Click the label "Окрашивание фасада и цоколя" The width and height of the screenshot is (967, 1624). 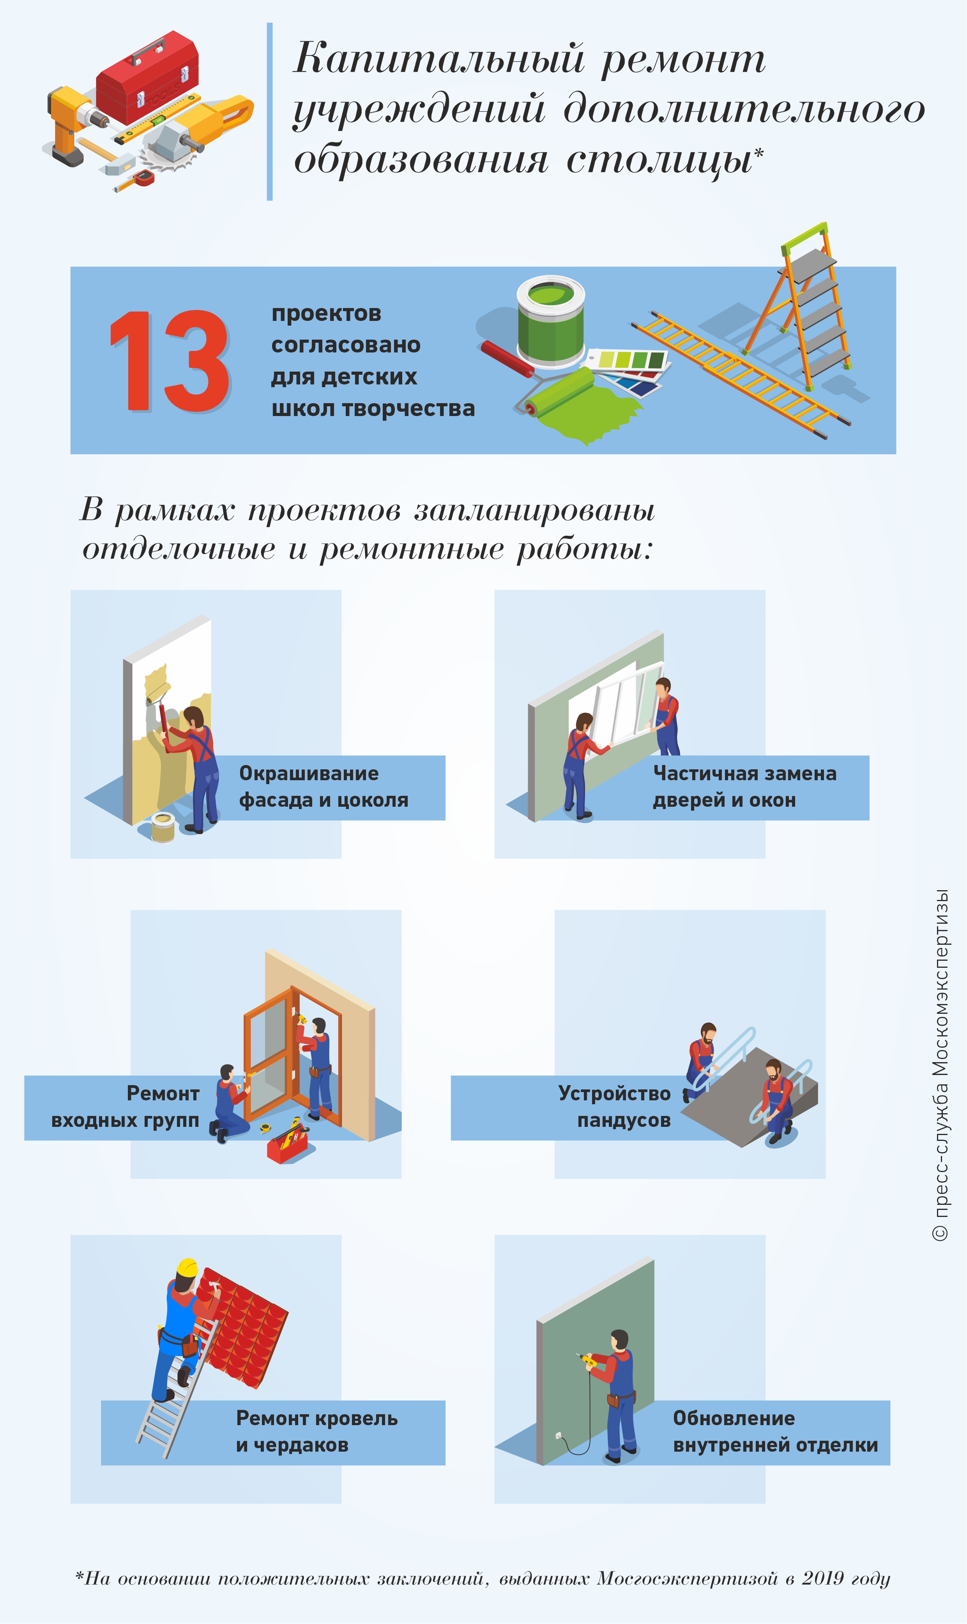click(323, 786)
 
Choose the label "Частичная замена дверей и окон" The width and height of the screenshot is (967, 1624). click(744, 786)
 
